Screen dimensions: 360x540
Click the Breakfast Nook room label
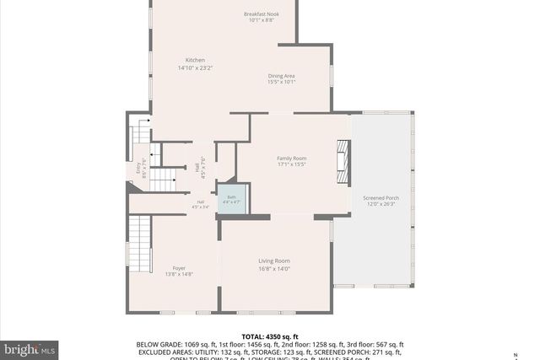(262, 14)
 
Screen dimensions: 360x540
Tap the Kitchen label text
(196, 60)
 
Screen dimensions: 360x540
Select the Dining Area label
(281, 75)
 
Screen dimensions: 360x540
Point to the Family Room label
(292, 159)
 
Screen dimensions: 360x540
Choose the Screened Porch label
(381, 197)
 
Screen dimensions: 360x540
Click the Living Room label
(274, 261)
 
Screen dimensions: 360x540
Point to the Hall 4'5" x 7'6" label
(201, 169)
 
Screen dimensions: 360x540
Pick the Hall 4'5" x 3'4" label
(201, 204)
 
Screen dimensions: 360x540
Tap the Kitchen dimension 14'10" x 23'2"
(195, 67)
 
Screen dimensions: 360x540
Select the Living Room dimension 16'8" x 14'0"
(274, 269)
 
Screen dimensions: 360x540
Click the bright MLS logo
(30, 347)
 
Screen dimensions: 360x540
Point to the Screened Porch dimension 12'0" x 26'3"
(381, 204)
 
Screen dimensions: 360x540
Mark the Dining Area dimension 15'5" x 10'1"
(281, 82)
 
